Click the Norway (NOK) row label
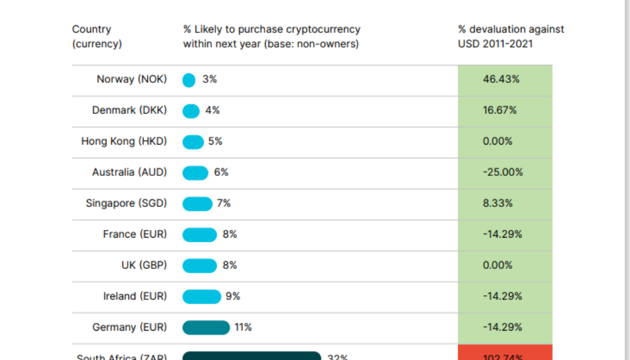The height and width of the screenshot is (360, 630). pos(131,79)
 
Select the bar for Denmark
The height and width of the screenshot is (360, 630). pos(191,111)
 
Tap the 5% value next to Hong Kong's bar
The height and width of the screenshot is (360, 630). pos(215,142)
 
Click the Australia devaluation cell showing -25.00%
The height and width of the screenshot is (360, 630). pos(503,172)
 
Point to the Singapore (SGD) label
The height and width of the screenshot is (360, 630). pos(126,203)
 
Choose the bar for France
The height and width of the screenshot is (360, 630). pos(199,235)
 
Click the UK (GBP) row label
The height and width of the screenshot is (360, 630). pos(144,265)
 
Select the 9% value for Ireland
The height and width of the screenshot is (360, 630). pos(233,296)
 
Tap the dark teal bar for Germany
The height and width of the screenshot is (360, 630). pos(206,328)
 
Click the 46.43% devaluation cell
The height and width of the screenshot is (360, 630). pos(501,79)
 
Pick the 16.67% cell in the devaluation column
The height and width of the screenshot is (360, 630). pos(500,110)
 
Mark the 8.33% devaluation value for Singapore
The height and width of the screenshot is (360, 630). pos(497,203)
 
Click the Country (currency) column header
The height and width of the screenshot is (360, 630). pos(97,37)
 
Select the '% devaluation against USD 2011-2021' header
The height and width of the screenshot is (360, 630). pos(511,37)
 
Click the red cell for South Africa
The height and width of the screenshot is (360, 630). pos(504,354)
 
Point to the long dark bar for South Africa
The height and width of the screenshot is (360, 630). pos(251,356)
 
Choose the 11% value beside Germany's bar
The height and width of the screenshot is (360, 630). pos(243,328)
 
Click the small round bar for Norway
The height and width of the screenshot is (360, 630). pos(189,80)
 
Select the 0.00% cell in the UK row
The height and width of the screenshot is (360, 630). pos(497,265)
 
